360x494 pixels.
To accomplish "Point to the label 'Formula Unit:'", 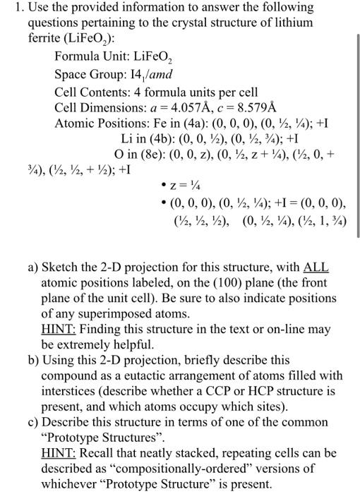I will tap(90, 56).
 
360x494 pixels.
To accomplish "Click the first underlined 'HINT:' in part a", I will tap(58, 330).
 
